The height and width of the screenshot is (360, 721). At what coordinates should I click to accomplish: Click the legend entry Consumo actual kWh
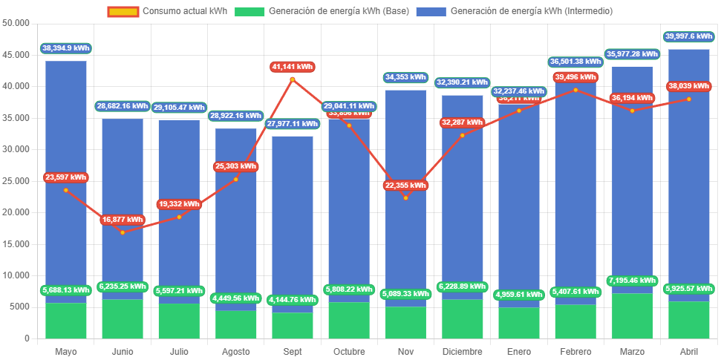tap(167, 11)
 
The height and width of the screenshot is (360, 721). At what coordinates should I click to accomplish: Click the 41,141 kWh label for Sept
tap(293, 67)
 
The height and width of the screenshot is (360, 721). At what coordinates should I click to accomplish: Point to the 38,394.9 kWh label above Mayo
tap(66, 48)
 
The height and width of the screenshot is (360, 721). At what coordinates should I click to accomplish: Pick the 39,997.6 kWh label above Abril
tap(689, 36)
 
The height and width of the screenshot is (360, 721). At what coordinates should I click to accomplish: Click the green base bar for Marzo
tap(632, 315)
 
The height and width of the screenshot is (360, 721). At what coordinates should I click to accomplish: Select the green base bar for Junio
tap(123, 319)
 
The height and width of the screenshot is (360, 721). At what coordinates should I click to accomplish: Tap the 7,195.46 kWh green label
tap(632, 281)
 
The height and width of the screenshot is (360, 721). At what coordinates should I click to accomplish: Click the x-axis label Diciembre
tap(462, 351)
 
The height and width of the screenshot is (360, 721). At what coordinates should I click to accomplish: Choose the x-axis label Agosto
tap(235, 351)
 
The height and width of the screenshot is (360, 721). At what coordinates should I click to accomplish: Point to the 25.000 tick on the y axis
tap(16, 180)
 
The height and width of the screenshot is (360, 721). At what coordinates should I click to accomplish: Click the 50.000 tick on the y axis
tap(16, 22)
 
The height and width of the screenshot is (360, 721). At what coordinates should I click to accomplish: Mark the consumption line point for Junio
tap(123, 232)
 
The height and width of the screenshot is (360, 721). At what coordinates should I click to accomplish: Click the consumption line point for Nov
tap(405, 197)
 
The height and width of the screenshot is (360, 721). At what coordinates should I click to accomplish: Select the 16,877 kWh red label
tap(123, 220)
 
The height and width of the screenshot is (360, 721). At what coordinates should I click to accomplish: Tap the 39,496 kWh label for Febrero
tap(575, 77)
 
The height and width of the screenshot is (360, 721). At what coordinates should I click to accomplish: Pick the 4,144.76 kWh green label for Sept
tap(293, 300)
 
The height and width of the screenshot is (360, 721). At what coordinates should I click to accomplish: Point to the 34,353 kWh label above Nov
tap(405, 77)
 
